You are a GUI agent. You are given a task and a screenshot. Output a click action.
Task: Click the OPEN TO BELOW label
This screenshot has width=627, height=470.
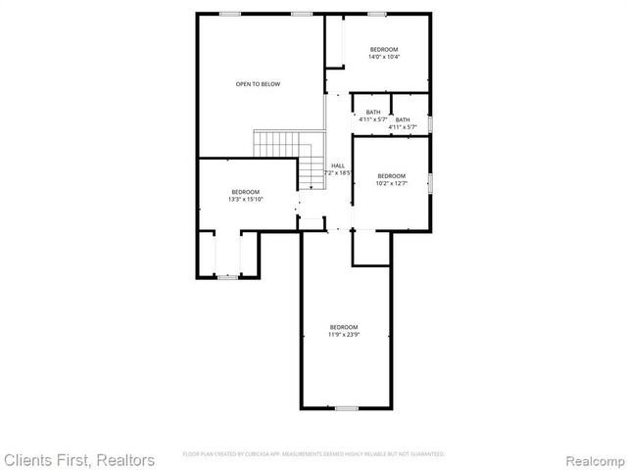tap(258, 84)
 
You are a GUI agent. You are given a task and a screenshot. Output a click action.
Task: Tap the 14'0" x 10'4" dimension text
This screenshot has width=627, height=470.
tap(384, 57)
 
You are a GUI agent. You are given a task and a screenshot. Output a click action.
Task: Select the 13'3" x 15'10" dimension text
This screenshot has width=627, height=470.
tap(245, 199)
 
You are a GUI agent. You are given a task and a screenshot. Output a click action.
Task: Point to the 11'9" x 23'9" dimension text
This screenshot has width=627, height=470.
tap(343, 335)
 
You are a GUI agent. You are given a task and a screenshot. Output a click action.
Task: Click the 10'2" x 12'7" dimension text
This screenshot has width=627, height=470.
tap(391, 183)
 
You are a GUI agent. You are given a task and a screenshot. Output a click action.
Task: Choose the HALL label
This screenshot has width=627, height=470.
tap(338, 165)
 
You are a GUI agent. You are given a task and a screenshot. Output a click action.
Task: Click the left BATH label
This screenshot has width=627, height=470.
tap(373, 112)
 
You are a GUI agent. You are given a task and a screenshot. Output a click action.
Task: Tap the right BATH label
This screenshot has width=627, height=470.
tap(404, 119)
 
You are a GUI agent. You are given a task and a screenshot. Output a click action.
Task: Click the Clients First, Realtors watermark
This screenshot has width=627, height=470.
tap(78, 459)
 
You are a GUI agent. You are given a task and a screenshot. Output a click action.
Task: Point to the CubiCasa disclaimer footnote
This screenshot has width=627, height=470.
tap(313, 454)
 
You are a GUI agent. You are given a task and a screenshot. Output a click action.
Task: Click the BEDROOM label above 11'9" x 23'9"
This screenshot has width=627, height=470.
tap(343, 327)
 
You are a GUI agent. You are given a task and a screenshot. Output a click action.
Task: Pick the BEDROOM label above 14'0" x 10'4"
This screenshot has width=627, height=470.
tap(384, 49)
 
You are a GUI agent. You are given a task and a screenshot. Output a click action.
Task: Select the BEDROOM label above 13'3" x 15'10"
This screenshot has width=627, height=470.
tap(245, 191)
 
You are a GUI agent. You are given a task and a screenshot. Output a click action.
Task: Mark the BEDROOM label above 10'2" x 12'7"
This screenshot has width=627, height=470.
tap(391, 175)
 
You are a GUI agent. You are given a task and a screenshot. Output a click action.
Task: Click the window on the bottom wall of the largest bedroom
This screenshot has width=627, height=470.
tap(347, 407)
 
